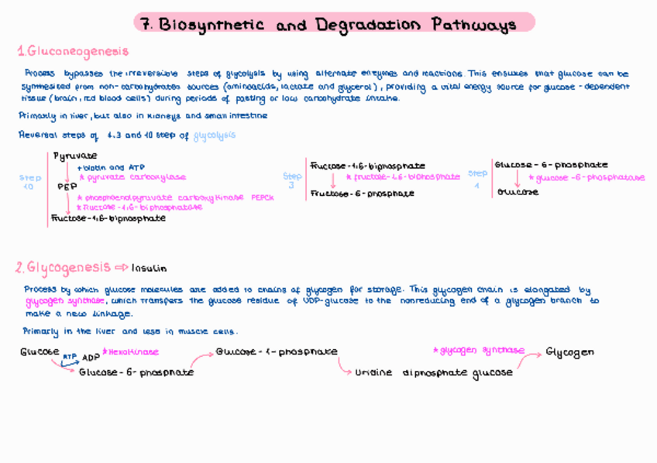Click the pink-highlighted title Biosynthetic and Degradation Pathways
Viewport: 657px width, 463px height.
tap(335, 24)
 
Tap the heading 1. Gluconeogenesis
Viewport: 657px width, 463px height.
tap(74, 52)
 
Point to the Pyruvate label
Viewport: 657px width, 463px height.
tap(75, 156)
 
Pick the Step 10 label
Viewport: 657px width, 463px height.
tap(29, 182)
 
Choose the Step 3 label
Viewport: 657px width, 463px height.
tap(292, 180)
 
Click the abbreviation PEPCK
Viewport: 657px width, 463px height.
tap(262, 197)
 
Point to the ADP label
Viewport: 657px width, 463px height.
tap(91, 358)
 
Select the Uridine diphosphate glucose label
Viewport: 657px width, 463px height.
tap(434, 372)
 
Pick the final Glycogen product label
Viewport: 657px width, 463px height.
tap(570, 352)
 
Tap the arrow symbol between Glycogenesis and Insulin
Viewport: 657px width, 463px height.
tap(121, 268)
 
